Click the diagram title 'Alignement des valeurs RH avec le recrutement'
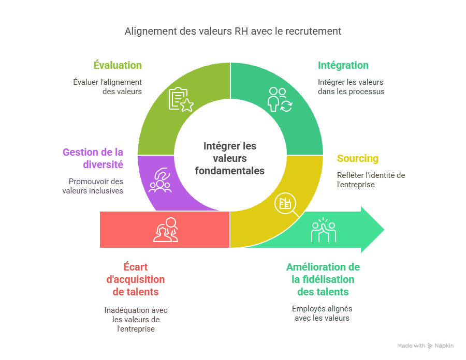click(232, 31)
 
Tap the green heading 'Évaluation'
click(118, 65)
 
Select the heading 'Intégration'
click(343, 65)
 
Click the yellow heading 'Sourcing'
click(357, 159)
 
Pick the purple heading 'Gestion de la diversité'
click(93, 158)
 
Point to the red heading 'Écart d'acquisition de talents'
click(136, 279)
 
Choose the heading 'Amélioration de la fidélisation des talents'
click(323, 279)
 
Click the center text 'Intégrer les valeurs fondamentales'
click(230, 158)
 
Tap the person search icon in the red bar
click(166, 230)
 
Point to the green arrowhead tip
click(384, 230)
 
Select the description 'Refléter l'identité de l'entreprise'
click(371, 180)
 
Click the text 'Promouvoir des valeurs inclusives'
click(96, 186)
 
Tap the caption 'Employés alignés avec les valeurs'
click(322, 313)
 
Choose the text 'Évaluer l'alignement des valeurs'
click(107, 87)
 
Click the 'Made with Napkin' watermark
click(425, 346)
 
